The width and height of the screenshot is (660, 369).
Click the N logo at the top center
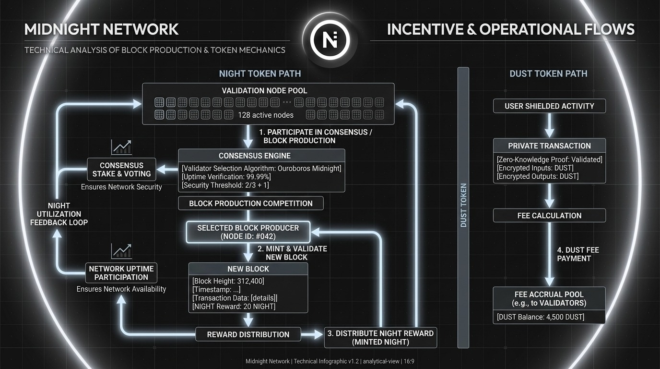[330, 39]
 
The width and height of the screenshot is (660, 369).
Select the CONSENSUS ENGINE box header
[261, 156]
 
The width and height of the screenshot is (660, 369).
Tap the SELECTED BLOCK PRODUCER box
[248, 232]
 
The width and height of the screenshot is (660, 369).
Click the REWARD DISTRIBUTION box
[248, 334]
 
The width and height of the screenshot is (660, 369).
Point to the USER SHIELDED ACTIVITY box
[549, 106]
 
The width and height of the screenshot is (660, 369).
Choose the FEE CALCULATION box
[549, 216]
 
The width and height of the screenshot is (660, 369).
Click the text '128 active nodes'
[266, 115]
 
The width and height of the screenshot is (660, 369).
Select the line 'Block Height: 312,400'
[228, 281]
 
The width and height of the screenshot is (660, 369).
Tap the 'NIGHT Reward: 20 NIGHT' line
[234, 307]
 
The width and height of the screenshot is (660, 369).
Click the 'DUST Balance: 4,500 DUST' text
[541, 317]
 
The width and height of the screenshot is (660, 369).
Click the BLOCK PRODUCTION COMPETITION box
[250, 203]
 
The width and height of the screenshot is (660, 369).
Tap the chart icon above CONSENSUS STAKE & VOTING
[121, 147]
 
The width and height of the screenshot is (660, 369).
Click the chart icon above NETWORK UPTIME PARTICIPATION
[121, 251]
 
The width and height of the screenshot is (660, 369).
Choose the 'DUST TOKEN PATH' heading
[548, 74]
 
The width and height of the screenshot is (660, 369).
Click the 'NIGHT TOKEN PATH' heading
[260, 74]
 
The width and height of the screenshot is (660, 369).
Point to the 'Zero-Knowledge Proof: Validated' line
[550, 160]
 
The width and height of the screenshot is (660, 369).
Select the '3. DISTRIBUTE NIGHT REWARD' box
[380, 338]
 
